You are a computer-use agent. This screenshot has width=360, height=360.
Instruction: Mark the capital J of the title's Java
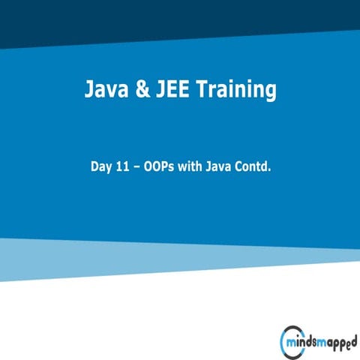coord(88,91)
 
